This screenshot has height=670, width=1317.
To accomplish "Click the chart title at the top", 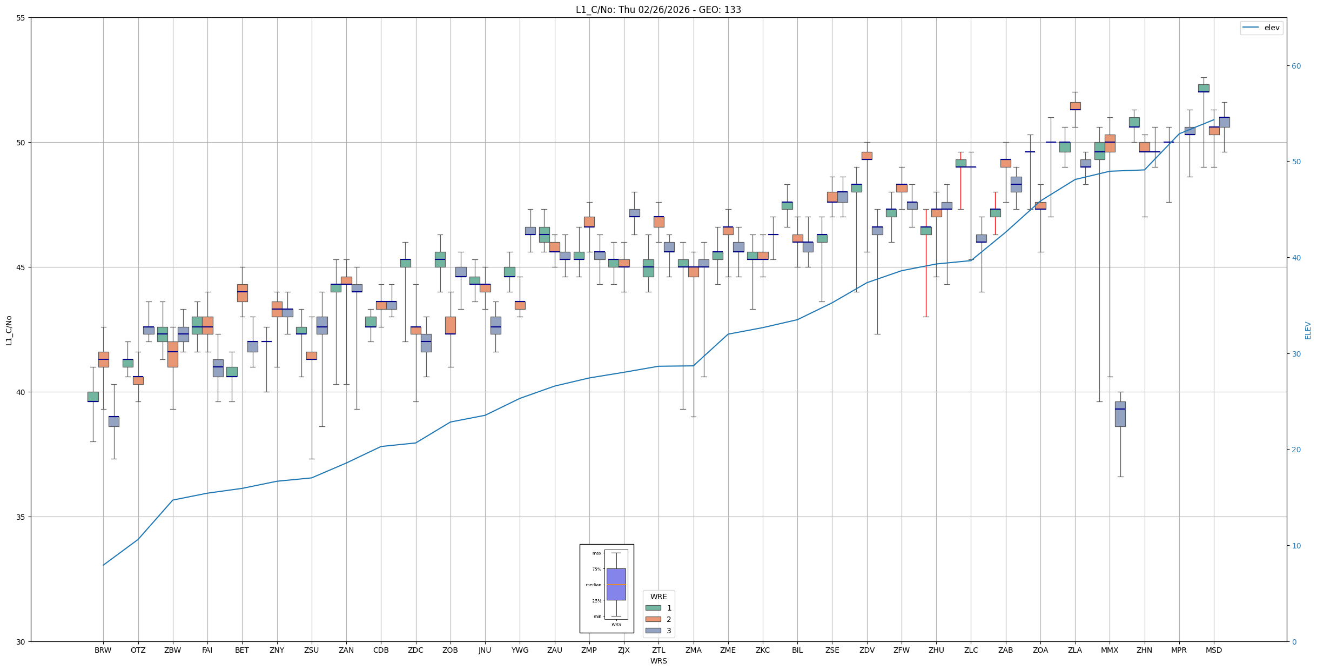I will (658, 10).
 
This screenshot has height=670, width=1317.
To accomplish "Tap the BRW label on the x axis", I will (103, 650).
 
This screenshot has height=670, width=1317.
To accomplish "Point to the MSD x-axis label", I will (1213, 650).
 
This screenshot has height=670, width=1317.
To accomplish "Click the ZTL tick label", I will (658, 650).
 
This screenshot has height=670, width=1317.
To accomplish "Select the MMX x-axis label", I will (1110, 650).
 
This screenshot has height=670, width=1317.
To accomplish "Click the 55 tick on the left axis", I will (21, 18).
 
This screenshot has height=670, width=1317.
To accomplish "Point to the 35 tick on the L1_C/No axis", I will (21, 517).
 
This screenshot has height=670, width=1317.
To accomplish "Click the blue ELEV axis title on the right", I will (1308, 330).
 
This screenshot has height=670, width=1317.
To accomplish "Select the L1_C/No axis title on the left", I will (9, 330).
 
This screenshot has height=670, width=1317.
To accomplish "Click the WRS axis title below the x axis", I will (658, 661).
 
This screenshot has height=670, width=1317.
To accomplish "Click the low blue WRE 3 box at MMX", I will (1120, 414).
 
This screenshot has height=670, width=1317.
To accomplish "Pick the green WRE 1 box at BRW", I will (93, 397).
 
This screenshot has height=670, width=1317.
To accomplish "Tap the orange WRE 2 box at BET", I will (242, 293).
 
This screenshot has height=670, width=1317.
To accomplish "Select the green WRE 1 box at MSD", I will (1203, 88).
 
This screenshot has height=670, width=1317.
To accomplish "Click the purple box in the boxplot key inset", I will (616, 584).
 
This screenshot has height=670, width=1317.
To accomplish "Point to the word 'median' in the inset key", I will (593, 585).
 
